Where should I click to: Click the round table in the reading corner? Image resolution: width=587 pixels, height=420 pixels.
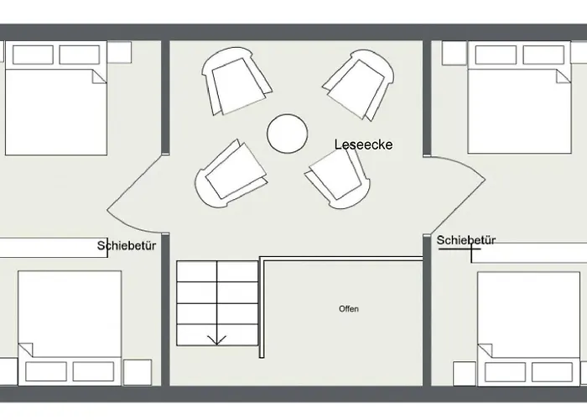click(288, 134)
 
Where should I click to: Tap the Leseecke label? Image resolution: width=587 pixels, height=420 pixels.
click(363, 144)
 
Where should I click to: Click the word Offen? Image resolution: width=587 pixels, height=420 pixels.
click(349, 309)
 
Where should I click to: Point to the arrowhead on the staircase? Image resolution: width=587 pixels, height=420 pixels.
click(216, 340)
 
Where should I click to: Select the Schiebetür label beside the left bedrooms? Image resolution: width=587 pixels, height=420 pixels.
click(127, 245)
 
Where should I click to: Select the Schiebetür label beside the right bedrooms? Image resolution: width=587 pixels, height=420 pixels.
click(466, 240)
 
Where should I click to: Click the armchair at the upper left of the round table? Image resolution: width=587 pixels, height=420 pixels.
click(236, 81)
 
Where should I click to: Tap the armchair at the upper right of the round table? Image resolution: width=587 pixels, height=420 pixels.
click(358, 84)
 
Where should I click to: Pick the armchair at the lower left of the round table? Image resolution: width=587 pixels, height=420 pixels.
click(231, 173)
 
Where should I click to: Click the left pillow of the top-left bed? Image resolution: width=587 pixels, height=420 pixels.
click(33, 55)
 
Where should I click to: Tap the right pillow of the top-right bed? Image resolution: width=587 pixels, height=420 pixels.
click(543, 55)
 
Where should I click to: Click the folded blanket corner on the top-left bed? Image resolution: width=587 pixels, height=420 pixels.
click(99, 76)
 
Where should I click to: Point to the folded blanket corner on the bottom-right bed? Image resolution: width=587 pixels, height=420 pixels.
click(486, 350)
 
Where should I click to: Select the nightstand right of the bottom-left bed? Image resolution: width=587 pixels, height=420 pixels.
click(138, 372)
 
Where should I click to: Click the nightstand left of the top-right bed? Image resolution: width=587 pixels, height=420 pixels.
click(455, 53)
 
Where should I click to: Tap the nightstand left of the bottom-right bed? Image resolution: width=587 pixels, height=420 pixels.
click(465, 374)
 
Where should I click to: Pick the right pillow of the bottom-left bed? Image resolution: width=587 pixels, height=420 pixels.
click(93, 371)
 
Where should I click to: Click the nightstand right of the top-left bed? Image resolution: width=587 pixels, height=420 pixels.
click(119, 52)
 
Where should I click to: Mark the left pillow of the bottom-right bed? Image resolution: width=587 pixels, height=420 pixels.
click(506, 372)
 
